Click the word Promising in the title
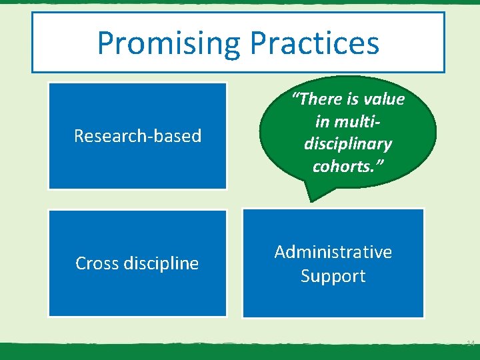click(x=170, y=43)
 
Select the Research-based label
click(x=137, y=136)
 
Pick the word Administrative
click(x=333, y=252)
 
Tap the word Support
click(x=333, y=276)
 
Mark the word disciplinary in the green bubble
click(x=347, y=144)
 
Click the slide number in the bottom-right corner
click(x=469, y=343)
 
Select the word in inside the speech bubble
click(x=321, y=121)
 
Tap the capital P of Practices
click(x=258, y=43)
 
